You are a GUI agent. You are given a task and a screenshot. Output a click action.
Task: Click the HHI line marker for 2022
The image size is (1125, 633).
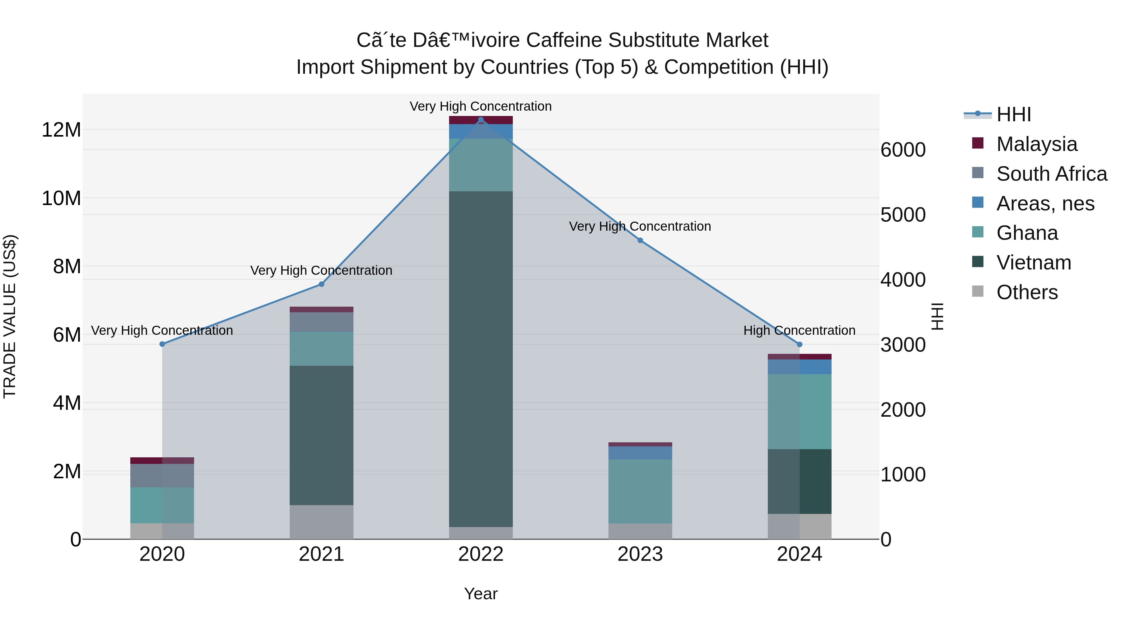point(481,120)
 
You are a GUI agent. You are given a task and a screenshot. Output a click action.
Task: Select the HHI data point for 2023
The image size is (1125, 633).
point(640,240)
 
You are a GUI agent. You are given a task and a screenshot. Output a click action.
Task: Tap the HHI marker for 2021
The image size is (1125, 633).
point(322,284)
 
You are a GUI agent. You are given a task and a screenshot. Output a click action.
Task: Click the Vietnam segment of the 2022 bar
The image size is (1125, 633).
point(481,358)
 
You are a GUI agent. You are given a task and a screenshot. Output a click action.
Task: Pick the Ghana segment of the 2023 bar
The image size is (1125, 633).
point(640,491)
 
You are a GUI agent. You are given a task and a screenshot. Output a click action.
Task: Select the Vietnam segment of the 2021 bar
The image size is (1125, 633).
point(322,435)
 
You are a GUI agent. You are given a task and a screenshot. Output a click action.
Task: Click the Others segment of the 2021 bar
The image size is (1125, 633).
point(322,522)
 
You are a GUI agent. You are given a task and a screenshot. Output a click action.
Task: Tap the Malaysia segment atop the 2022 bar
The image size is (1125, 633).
point(481,120)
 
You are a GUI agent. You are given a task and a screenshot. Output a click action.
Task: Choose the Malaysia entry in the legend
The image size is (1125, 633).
point(1036,144)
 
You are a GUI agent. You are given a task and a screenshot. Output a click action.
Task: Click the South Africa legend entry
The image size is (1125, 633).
point(1051,174)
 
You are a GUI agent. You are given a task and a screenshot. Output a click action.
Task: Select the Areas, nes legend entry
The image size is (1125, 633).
point(1045,203)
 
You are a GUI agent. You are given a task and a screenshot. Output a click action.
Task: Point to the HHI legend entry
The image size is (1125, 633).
point(1013,114)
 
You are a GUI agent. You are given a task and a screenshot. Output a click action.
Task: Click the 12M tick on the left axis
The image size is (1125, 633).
point(61,130)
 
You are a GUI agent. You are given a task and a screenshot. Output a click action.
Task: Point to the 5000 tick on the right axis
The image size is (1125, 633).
point(903,215)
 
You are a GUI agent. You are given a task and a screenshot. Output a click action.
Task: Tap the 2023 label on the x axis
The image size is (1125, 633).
point(640,554)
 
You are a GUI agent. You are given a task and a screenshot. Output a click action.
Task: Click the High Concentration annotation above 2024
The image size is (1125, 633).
point(799,331)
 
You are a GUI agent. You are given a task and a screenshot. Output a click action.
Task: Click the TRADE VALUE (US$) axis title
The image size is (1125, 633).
point(10,316)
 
